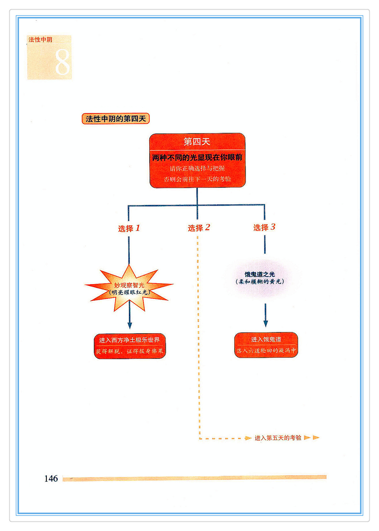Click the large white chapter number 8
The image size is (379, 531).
click(62, 62)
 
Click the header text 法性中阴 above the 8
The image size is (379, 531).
click(40, 40)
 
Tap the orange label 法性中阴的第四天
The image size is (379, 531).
click(115, 119)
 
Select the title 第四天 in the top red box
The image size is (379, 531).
click(197, 142)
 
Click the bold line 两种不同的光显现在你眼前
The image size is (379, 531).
click(197, 157)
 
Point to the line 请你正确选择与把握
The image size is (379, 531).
click(197, 168)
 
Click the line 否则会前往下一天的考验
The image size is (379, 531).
click(197, 179)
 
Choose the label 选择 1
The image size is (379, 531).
click(129, 228)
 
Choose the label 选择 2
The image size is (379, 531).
click(199, 228)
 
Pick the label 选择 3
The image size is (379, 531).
click(264, 227)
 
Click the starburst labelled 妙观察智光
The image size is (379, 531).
click(129, 285)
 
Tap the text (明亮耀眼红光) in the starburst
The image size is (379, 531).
click(129, 292)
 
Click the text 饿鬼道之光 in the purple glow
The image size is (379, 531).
click(260, 274)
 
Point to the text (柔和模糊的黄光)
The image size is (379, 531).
click(260, 282)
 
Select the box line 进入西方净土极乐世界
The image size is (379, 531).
click(129, 340)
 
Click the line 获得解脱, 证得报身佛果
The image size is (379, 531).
click(129, 351)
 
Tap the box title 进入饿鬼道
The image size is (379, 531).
click(266, 339)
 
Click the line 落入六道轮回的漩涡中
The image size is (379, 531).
click(266, 350)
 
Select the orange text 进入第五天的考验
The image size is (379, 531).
click(278, 438)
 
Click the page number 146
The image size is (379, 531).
click(51, 479)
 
